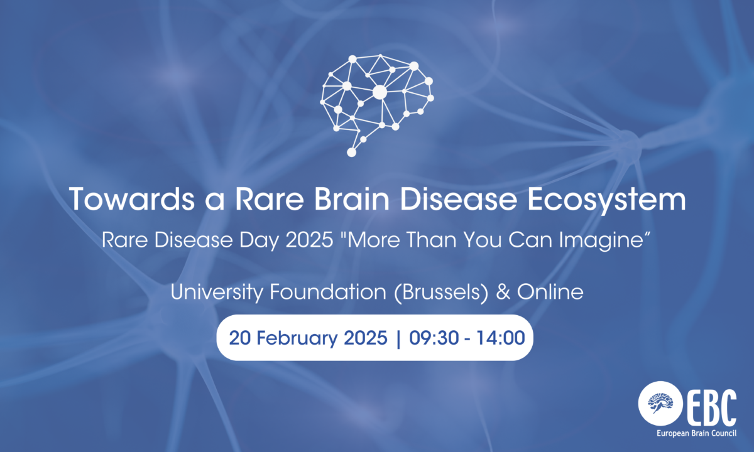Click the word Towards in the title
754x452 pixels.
(x=131, y=199)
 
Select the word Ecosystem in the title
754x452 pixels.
(x=606, y=200)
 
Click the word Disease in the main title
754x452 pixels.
(x=459, y=199)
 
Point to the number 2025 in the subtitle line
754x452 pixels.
(x=309, y=240)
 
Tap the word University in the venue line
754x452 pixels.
(x=217, y=292)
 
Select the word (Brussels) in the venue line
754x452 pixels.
(x=441, y=293)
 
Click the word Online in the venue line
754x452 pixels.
(x=550, y=291)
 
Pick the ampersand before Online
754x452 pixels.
(x=503, y=292)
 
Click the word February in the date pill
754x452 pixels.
(x=297, y=338)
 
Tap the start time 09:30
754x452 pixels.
(x=434, y=338)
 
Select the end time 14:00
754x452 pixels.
(x=501, y=338)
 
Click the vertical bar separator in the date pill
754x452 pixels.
(x=398, y=338)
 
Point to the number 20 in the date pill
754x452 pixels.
(x=239, y=338)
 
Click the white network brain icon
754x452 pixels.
(x=377, y=105)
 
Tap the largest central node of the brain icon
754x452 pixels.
(x=380, y=92)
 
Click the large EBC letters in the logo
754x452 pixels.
(x=711, y=408)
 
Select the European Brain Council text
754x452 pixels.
(x=696, y=433)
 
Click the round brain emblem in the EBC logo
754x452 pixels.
(x=660, y=403)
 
